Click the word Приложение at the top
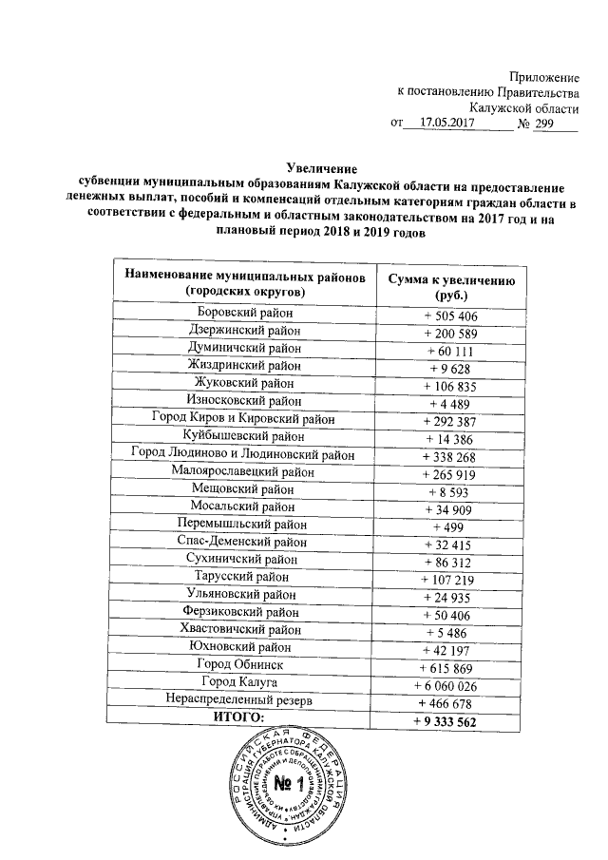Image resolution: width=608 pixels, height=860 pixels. (x=544, y=75)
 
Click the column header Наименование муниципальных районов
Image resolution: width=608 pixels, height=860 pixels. (x=244, y=277)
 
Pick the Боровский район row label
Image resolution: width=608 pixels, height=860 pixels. (x=244, y=313)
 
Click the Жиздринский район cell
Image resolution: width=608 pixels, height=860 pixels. (x=244, y=364)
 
